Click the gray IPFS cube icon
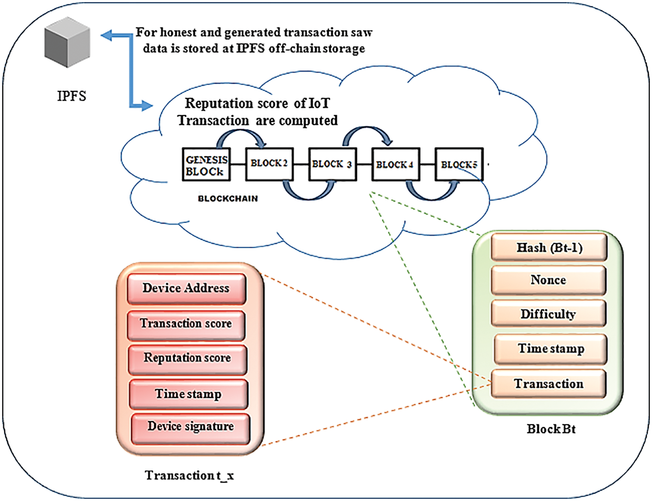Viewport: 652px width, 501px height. point(67,43)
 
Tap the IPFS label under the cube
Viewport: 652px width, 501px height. point(72,96)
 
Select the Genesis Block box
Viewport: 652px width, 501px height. point(206,165)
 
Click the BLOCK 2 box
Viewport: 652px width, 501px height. point(269,164)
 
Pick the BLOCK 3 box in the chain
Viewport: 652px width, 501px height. point(332,165)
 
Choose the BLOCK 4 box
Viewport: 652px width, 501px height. point(395,165)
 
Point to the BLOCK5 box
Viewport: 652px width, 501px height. point(459,165)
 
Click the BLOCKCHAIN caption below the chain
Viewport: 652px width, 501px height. point(228,198)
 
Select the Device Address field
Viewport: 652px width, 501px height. point(186,288)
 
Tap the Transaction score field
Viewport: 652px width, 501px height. point(186,324)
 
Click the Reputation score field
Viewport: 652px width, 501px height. point(187,358)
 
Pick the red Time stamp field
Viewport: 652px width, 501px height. point(188,394)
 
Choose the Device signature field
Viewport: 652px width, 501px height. point(190,427)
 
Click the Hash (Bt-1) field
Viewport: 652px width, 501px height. point(549,247)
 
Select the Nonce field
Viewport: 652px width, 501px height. point(548,280)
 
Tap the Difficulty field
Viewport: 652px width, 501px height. point(548,314)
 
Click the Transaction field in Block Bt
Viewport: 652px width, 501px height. point(548,384)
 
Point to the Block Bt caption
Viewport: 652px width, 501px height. point(551,429)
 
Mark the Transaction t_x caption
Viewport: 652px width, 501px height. point(189,476)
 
